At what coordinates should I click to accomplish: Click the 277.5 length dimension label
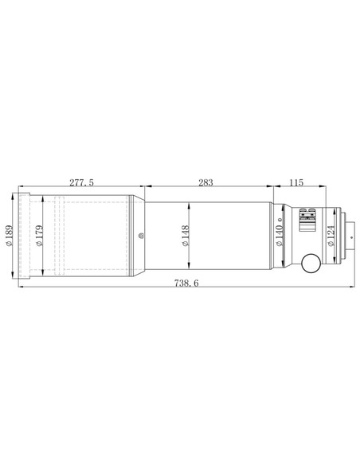[x=81, y=182]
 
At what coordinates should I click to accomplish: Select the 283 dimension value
[x=205, y=182]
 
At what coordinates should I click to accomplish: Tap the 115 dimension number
[x=296, y=182]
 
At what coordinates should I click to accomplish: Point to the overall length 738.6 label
[x=186, y=283]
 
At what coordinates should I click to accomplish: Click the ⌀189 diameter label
[x=10, y=236]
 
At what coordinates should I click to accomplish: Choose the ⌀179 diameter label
[x=39, y=236]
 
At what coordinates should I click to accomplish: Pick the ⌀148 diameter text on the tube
[x=186, y=236]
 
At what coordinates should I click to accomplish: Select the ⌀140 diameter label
[x=279, y=236]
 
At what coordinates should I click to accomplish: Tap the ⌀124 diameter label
[x=331, y=236]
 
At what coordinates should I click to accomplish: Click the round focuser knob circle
[x=311, y=263]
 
